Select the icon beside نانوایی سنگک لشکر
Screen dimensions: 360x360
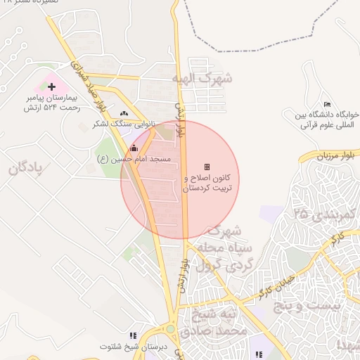point(124,112)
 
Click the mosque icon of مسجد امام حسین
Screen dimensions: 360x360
point(134,148)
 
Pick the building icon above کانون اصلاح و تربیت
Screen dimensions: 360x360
point(207,167)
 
